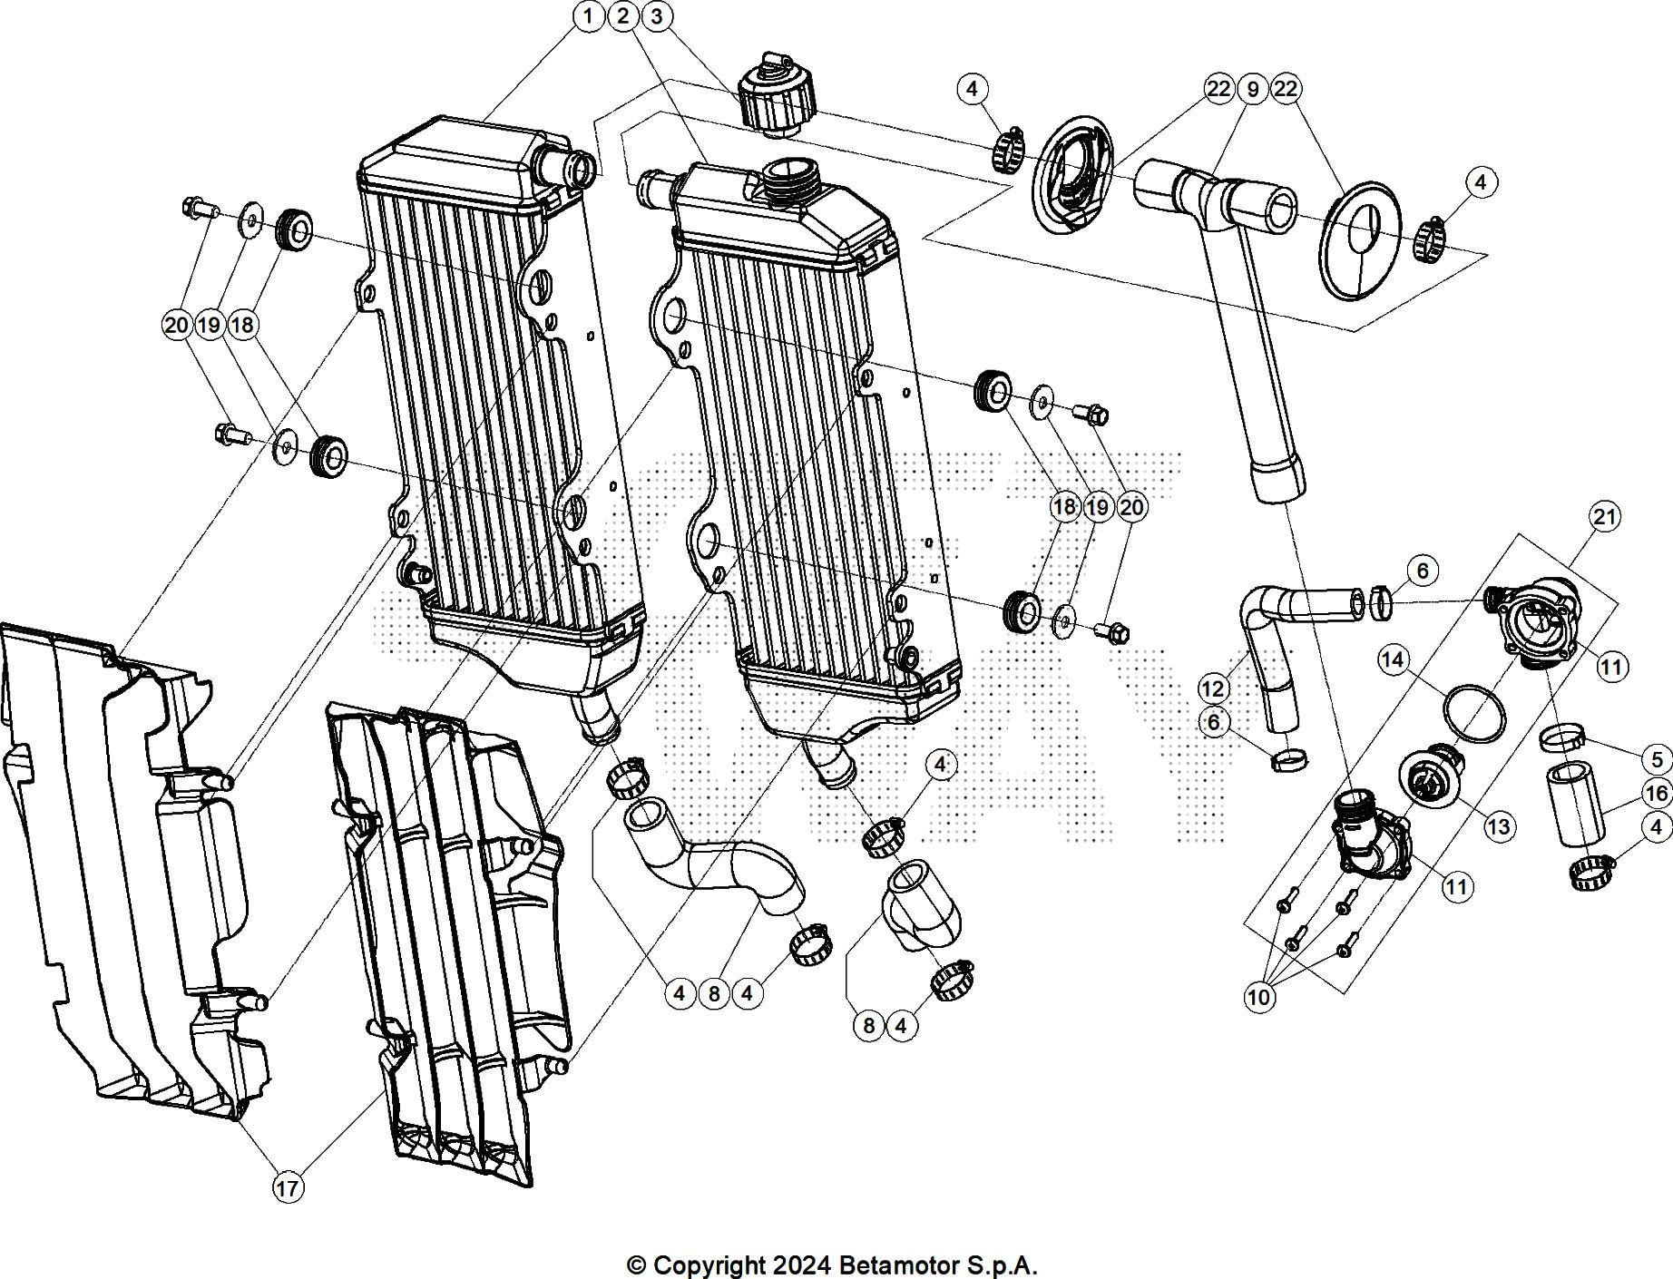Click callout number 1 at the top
point(589,16)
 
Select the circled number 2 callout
point(622,16)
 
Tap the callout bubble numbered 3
point(656,16)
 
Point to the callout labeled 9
point(1252,89)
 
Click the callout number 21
point(1605,517)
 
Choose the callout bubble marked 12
point(1213,688)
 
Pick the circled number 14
point(1393,659)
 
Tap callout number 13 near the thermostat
point(1499,826)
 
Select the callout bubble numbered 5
point(1657,760)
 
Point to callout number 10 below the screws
point(1259,998)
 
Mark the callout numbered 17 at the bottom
point(288,1187)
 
